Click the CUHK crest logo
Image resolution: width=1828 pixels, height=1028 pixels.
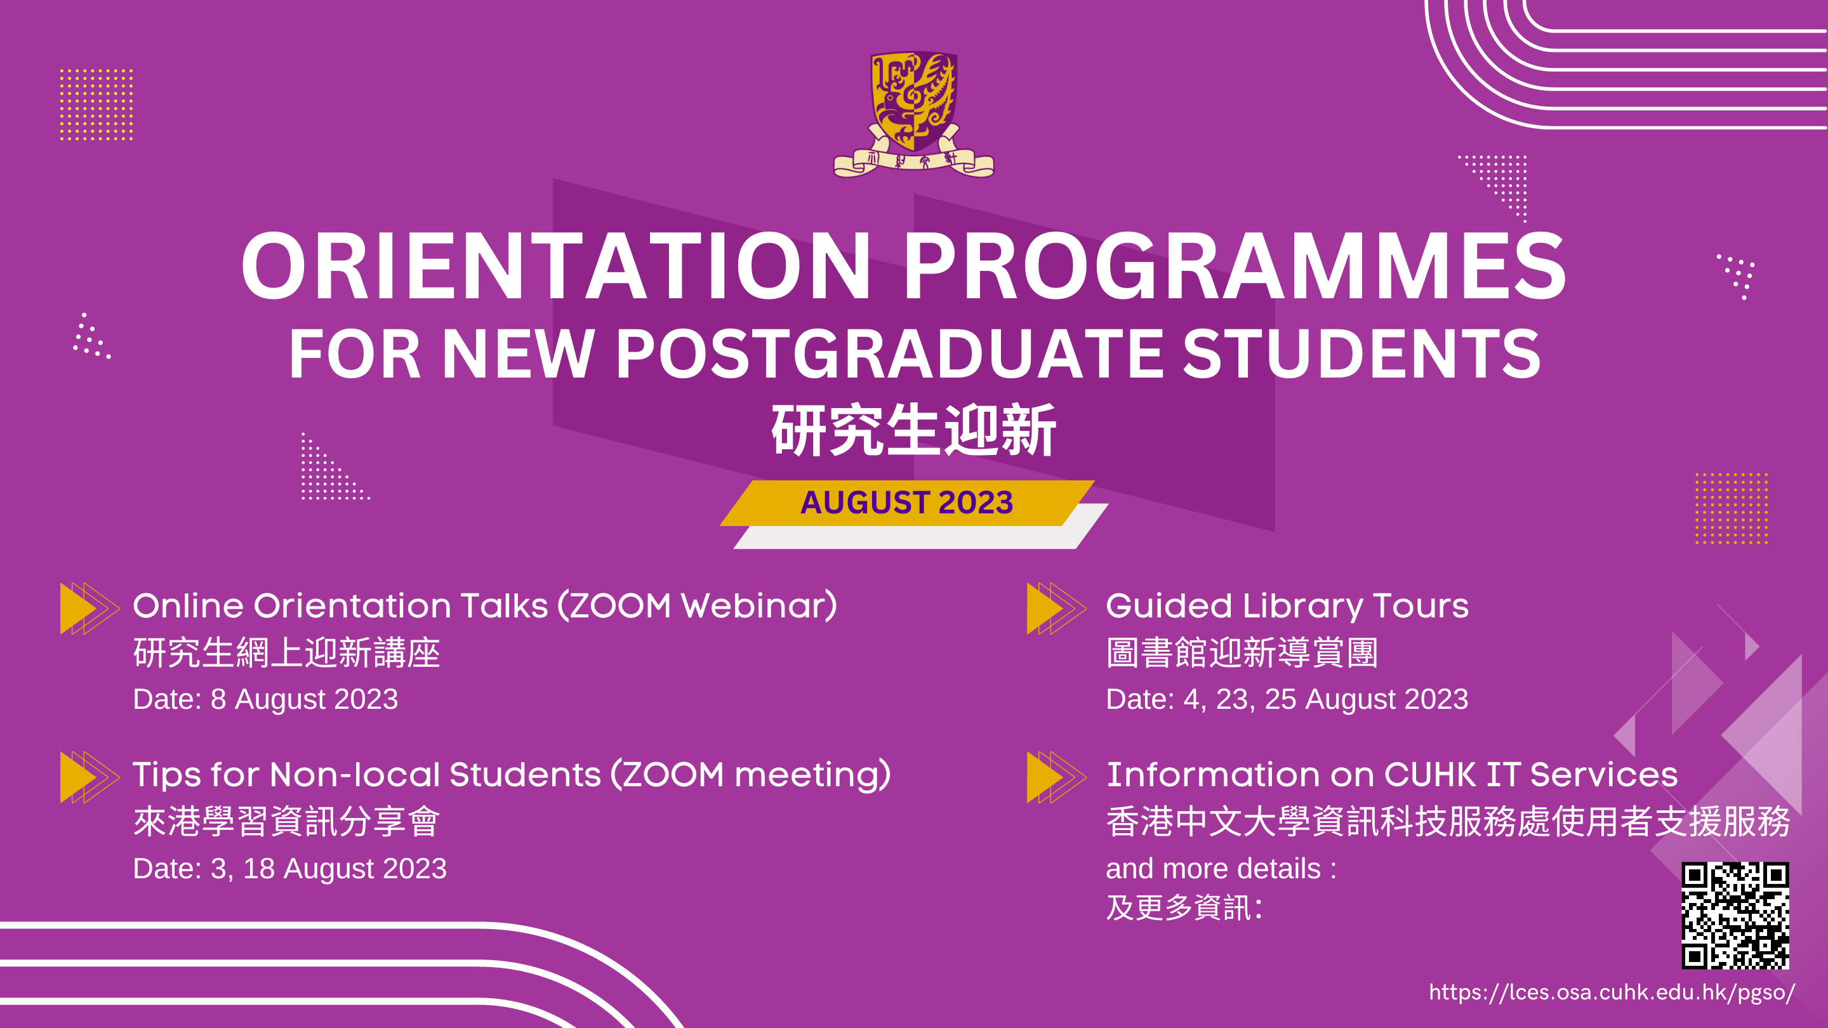[914, 114]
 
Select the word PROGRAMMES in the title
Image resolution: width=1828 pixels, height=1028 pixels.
[1235, 266]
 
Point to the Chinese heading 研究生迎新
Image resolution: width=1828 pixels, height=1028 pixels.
[914, 430]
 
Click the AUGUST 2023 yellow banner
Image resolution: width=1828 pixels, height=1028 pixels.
[907, 503]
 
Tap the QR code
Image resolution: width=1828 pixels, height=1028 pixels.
[1735, 915]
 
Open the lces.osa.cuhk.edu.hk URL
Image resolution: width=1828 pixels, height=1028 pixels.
[1612, 992]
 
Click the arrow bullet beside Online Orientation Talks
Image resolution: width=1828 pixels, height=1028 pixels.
[89, 608]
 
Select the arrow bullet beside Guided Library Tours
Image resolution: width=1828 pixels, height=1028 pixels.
[1056, 608]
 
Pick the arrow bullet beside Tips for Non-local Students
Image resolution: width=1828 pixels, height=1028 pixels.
[89, 777]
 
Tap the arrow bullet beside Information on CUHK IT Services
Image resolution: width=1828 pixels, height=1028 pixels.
[1056, 777]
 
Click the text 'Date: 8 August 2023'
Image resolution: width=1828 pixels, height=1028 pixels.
[265, 699]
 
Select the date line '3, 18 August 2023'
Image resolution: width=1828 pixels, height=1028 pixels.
[329, 868]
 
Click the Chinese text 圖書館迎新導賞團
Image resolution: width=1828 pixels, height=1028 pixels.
[1242, 653]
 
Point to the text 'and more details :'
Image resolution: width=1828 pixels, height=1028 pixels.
[1221, 868]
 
